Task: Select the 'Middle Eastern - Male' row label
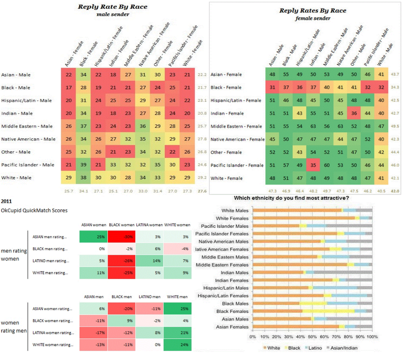[27, 126]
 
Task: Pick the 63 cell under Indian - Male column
[314, 126]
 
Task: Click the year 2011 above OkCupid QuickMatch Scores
[7, 201]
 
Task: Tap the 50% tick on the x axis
[312, 337]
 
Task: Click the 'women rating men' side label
[14, 327]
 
